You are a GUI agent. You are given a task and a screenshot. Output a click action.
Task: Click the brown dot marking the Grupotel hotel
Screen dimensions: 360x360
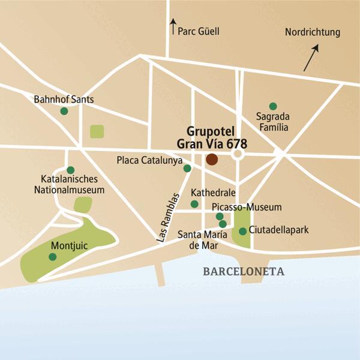(x=212, y=160)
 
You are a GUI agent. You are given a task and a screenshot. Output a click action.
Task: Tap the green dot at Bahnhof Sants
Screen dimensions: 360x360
(x=64, y=111)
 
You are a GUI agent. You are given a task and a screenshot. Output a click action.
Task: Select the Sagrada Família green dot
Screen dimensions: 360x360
(x=273, y=106)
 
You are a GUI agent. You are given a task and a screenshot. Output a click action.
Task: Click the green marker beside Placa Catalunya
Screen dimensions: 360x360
(x=187, y=169)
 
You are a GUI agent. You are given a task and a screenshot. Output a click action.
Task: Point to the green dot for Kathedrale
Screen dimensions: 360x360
(x=194, y=204)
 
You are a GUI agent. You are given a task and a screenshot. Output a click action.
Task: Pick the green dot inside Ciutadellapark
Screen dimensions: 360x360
(x=242, y=231)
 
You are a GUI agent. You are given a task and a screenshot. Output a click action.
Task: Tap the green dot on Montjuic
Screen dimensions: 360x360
(x=52, y=257)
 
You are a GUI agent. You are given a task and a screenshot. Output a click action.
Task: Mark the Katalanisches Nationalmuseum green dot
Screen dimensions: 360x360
(x=70, y=170)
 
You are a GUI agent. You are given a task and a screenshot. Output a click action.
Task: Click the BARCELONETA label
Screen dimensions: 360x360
(x=243, y=271)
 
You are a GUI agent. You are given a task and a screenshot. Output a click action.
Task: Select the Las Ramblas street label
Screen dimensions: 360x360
(x=169, y=217)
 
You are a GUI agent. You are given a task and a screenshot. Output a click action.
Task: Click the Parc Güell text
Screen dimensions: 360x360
(x=199, y=31)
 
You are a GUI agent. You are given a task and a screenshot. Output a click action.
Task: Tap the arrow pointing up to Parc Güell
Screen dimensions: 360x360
(x=173, y=26)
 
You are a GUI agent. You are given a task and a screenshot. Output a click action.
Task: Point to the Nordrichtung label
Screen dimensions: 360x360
(x=312, y=32)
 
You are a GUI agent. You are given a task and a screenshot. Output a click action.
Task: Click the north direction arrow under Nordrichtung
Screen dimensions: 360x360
(x=311, y=58)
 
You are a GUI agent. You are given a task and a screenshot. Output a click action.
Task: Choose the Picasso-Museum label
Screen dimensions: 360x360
(x=247, y=207)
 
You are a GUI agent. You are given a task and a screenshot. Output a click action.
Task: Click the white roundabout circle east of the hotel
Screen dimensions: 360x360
(x=238, y=155)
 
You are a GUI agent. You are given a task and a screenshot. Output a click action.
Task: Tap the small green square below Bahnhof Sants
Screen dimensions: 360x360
(x=96, y=131)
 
